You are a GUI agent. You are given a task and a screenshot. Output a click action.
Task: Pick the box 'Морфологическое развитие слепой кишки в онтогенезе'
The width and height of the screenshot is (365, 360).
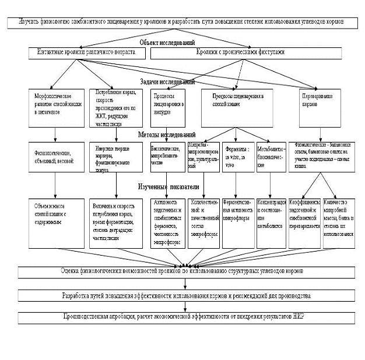[x=55, y=107]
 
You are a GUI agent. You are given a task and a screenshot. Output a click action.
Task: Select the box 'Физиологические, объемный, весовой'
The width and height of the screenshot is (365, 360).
[x=55, y=157]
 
